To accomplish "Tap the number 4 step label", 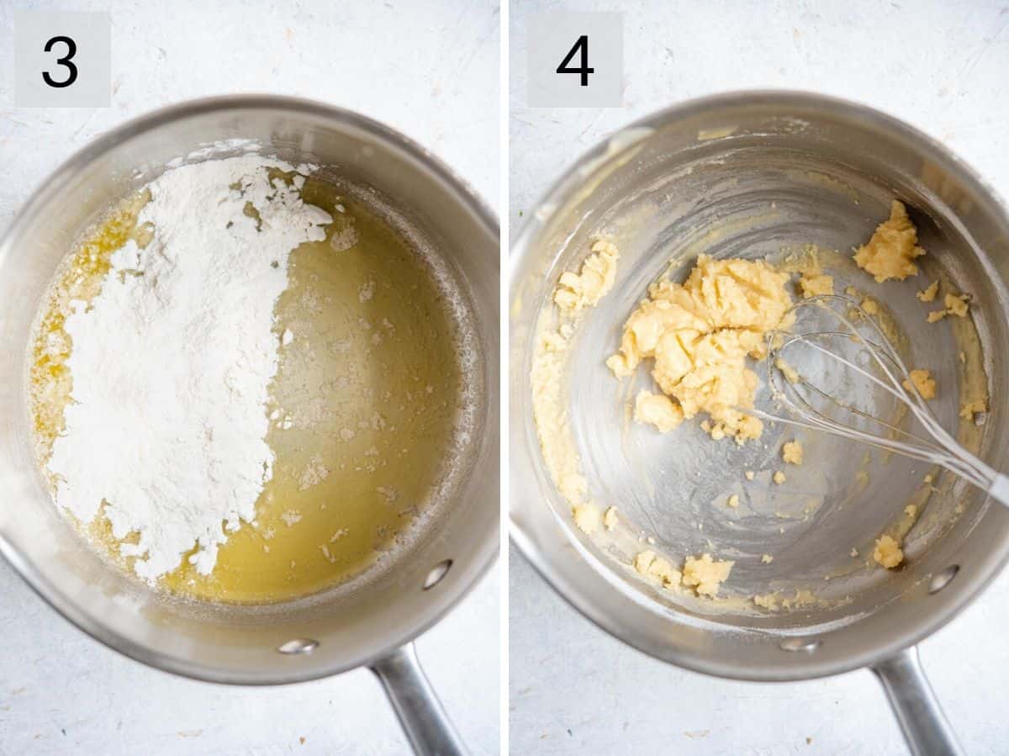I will [x=575, y=60].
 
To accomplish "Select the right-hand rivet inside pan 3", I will [x=436, y=574].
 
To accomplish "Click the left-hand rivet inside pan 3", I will [x=298, y=646].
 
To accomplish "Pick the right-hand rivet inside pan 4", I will [x=943, y=579].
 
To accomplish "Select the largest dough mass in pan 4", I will [x=702, y=336].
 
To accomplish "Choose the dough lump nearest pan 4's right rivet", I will [x=887, y=552].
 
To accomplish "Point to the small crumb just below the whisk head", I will [x=792, y=452].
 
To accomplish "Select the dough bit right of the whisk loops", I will [x=922, y=383].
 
